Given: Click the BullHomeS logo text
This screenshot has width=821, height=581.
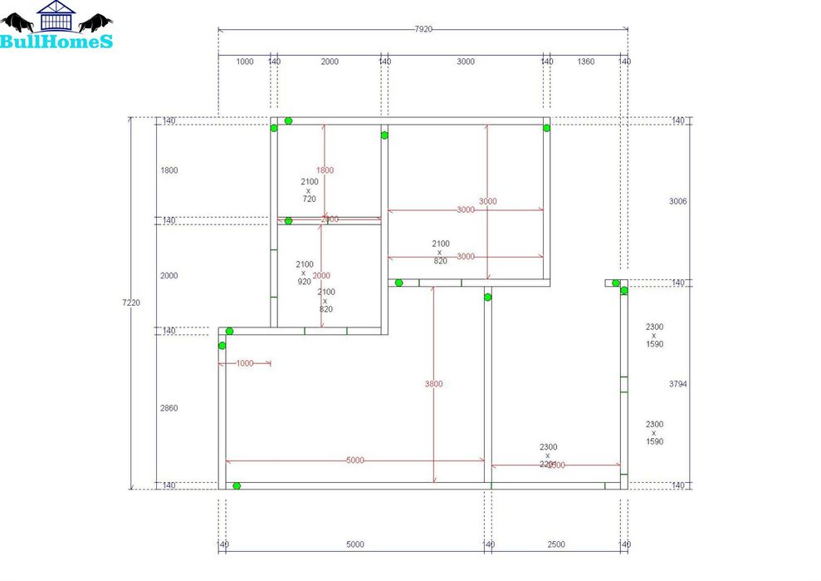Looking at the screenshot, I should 56,41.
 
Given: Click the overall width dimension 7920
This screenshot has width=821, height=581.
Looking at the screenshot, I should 423,29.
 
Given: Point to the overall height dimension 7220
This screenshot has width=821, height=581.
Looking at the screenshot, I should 130,303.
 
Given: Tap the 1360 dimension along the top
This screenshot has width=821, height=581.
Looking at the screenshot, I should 585,62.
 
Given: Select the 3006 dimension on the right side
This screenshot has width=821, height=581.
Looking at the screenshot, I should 678,201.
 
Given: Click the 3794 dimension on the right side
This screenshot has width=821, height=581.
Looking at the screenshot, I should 678,384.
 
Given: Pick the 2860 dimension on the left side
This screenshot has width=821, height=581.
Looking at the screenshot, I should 169,408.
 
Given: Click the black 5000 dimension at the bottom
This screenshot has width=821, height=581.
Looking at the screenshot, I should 354,544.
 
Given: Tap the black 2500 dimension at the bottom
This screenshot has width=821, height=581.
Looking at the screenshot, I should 555,544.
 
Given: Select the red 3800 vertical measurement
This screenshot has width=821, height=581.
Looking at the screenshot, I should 433,384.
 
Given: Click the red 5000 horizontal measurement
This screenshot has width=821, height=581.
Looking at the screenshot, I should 354,460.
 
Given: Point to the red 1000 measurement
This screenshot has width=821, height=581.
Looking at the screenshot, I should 245,363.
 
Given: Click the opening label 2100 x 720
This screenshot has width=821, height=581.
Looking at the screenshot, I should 309,190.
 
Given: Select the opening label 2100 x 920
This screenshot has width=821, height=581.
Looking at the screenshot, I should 304,273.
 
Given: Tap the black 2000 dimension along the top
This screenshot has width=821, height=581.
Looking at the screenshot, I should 330,62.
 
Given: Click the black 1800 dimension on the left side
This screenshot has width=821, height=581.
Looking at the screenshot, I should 169,170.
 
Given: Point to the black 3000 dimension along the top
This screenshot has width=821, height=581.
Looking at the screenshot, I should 465,62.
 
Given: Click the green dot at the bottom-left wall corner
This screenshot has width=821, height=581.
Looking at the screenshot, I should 237,485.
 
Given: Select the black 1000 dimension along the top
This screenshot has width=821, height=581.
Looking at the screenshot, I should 245,62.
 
